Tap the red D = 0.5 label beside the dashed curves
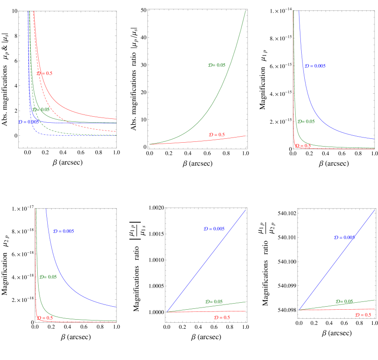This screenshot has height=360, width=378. click(45, 73)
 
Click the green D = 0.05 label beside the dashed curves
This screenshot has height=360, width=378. click(41, 110)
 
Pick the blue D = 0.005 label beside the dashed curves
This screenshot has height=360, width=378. click(28, 122)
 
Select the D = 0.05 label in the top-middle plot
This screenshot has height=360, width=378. click(217, 65)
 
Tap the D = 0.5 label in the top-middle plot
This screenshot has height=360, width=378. click(217, 135)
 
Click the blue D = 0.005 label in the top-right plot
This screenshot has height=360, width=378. click(315, 66)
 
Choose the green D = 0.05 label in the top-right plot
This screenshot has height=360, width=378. click(306, 121)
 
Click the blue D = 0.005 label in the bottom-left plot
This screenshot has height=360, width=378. click(64, 231)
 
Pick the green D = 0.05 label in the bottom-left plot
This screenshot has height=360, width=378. click(48, 277)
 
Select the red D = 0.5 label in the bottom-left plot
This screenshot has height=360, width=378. click(45, 318)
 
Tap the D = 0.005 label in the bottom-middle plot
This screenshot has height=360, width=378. click(214, 229)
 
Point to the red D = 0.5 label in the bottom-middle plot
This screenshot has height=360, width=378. click(222, 317)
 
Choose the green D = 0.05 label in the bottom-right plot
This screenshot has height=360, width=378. click(344, 301)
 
